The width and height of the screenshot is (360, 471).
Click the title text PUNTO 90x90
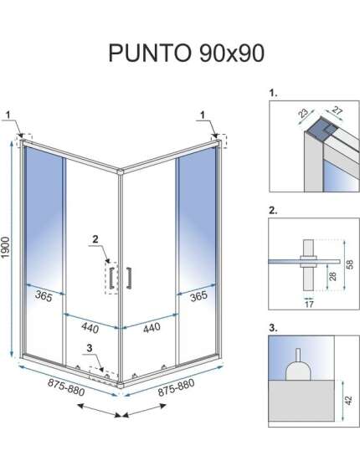coord(187,53)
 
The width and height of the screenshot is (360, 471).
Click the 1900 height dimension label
coord(6,248)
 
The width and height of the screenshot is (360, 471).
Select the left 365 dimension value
coord(44,296)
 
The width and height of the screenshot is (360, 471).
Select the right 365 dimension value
coord(198,296)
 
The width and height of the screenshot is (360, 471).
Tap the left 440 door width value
coord(90,327)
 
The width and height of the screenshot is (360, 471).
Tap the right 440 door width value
coord(152,327)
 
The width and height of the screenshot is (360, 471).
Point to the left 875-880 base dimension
coord(66,387)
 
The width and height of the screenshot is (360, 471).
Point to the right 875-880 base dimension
coord(176,387)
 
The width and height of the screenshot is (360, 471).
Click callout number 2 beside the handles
coord(95,239)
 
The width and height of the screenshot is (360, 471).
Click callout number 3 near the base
coord(90,348)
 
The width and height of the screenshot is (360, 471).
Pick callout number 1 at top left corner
coord(8,115)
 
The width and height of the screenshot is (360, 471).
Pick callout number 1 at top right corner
coord(203,115)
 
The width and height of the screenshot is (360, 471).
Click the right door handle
coord(129,278)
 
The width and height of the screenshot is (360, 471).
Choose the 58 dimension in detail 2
coord(350,264)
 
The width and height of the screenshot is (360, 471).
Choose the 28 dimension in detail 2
coord(332,275)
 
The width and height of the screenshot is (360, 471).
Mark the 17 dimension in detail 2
coord(309,305)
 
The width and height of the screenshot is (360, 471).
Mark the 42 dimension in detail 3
coord(348,400)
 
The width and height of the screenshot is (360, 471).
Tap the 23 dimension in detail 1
coord(303,113)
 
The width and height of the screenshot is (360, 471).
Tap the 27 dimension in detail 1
coord(337,110)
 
